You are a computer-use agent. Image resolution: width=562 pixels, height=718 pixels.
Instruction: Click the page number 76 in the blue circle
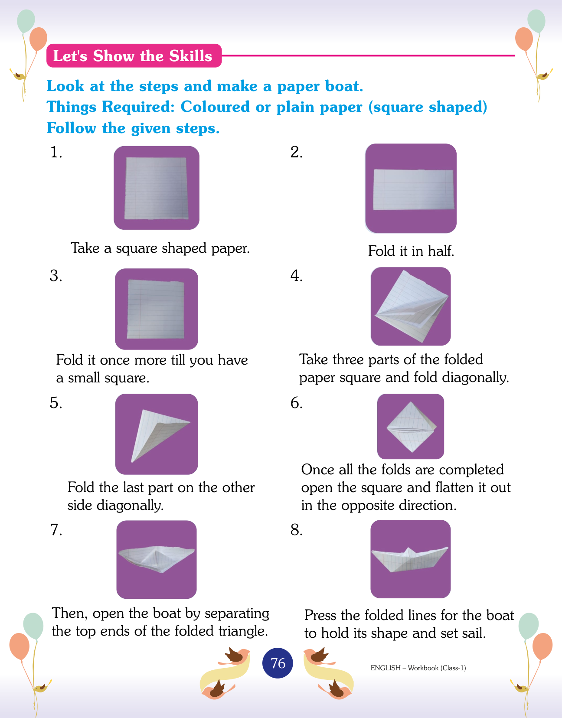click(x=278, y=663)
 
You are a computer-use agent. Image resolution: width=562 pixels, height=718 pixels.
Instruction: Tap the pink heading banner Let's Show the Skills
click(x=134, y=55)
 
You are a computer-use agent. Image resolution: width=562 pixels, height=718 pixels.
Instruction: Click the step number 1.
click(x=56, y=152)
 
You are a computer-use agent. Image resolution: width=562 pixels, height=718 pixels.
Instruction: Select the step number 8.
click(x=296, y=530)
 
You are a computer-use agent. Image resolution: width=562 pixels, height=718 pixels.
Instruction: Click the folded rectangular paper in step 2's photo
click(x=414, y=189)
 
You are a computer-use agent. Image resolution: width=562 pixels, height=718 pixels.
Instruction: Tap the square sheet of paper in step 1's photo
click(x=156, y=188)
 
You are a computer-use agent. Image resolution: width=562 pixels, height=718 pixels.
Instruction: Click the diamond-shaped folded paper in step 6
click(x=412, y=427)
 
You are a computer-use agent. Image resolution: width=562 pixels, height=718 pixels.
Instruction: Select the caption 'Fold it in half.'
click(x=411, y=251)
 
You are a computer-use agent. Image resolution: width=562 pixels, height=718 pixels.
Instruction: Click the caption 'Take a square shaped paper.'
click(x=160, y=248)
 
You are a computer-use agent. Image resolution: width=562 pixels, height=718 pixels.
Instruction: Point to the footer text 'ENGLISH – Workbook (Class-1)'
click(x=418, y=668)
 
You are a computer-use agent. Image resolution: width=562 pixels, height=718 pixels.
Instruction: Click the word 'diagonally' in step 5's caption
click(x=130, y=506)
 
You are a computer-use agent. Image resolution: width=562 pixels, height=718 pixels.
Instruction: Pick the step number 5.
click(x=56, y=403)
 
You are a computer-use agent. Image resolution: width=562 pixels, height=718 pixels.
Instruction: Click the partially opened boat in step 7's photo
click(x=157, y=559)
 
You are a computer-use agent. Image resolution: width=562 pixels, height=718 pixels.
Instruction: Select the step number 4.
click(x=296, y=276)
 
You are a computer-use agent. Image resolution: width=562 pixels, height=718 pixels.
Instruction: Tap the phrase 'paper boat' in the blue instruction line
click(x=320, y=87)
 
